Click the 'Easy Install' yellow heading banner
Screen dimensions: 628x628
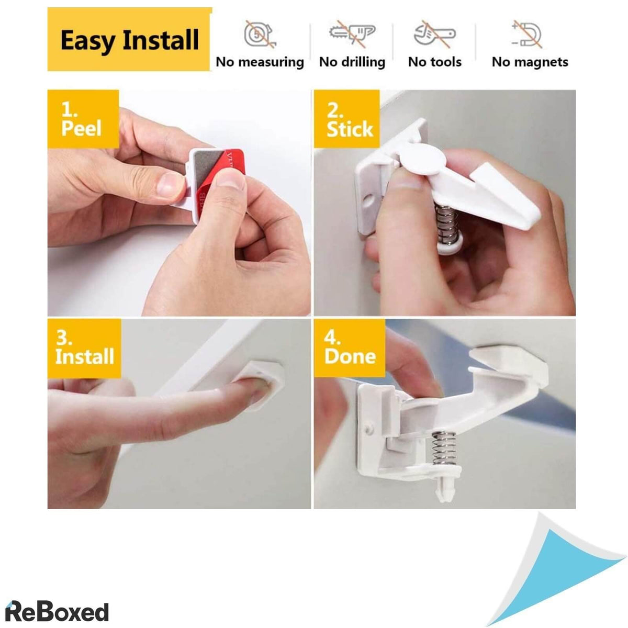pos(129,39)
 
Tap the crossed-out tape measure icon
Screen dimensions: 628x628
pos(260,35)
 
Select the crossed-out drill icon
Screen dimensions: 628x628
pos(352,34)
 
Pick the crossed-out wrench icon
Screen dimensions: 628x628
pos(434,34)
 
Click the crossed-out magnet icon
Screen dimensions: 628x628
pos(527,35)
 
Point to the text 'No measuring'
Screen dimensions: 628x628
pos(260,62)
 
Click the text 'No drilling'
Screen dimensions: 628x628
pos(352,62)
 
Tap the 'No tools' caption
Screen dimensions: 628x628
pos(435,62)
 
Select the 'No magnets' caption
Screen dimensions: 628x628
pos(530,62)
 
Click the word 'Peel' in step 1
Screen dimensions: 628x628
pos(81,128)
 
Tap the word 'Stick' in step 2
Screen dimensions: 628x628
pos(350,129)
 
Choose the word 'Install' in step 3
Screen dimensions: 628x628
pos(85,356)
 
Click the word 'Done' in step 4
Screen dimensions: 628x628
pos(350,356)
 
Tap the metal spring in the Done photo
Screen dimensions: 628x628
pos(441,448)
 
